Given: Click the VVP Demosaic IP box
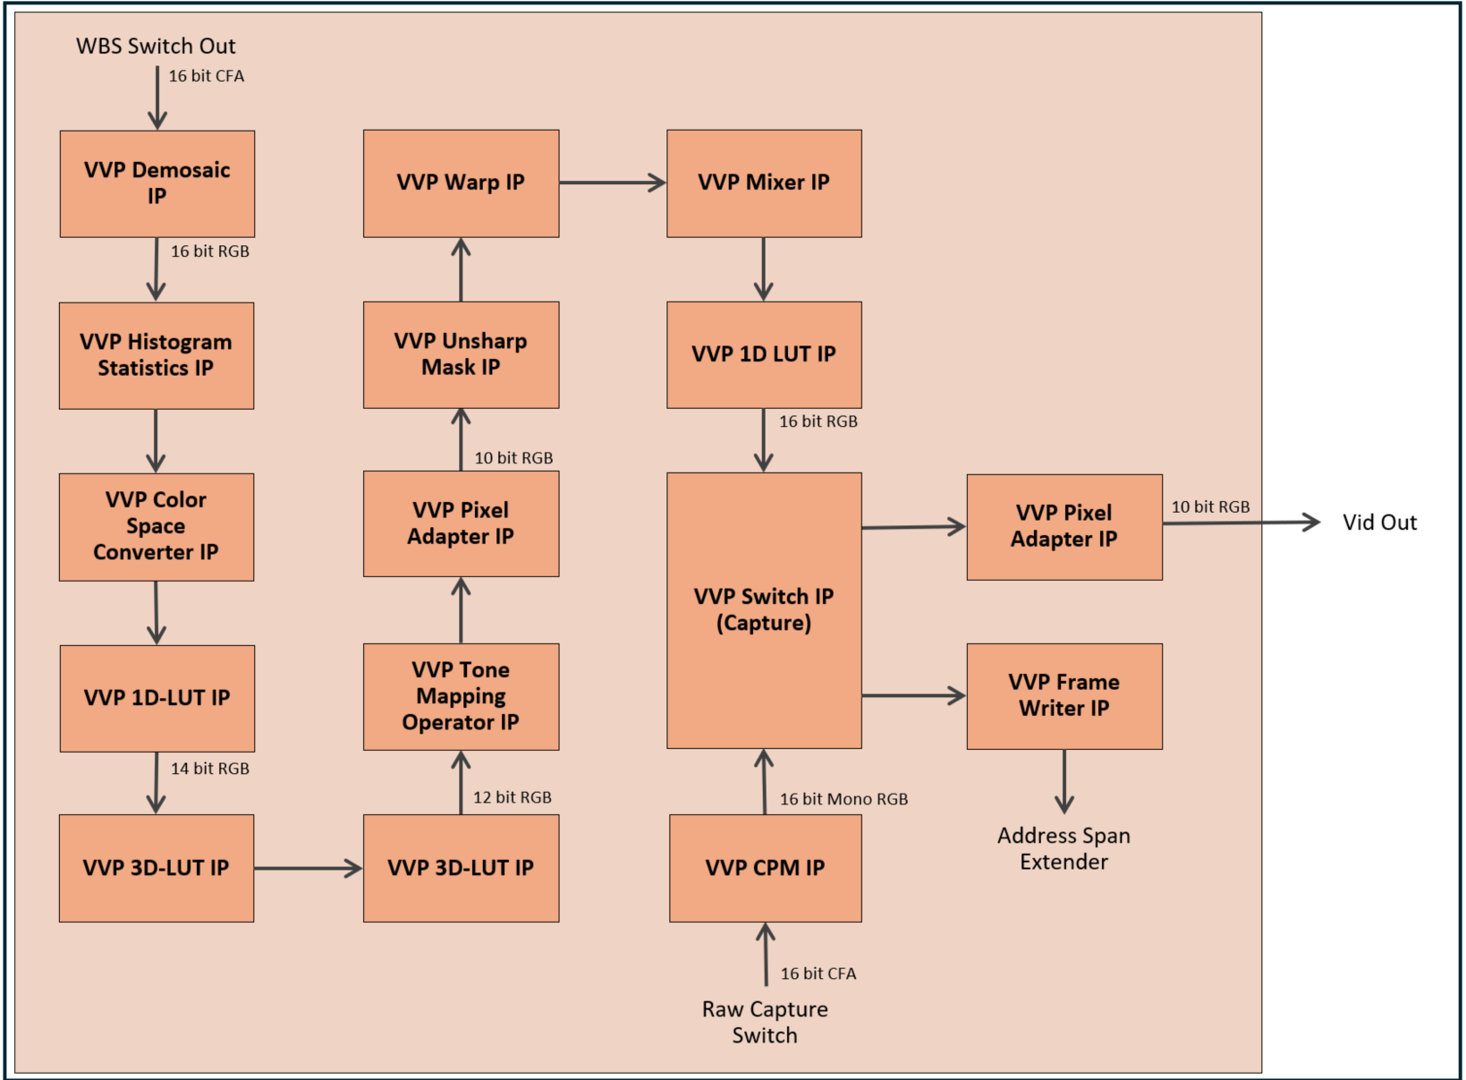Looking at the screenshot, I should tap(157, 183).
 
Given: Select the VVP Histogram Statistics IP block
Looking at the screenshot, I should tap(157, 355).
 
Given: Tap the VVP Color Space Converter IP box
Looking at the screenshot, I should tap(157, 527).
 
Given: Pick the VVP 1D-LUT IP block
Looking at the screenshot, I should tap(157, 698).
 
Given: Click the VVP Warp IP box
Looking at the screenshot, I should tap(461, 183).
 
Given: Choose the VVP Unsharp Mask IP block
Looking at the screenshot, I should tap(461, 354).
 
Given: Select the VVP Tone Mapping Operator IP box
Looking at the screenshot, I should tap(461, 696).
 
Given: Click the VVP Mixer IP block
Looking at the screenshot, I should tap(764, 183).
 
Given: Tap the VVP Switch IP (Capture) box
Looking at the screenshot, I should tap(764, 610).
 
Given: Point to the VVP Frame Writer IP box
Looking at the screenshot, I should tap(1064, 696).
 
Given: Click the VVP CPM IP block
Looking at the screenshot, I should tap(765, 868).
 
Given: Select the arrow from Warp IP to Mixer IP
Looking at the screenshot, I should tap(613, 183).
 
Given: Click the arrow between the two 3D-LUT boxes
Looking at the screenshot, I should tap(308, 868).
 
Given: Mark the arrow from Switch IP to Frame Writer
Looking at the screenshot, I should tap(913, 695).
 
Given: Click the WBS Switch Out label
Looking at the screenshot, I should tap(156, 47).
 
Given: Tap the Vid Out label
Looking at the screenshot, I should tap(1379, 523).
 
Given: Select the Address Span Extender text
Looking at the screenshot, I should tap(1063, 848).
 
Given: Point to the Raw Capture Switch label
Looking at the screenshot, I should tap(765, 1022).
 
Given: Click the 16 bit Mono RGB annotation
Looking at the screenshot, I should tap(843, 799).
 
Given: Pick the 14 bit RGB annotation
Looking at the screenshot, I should tap(210, 769).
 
